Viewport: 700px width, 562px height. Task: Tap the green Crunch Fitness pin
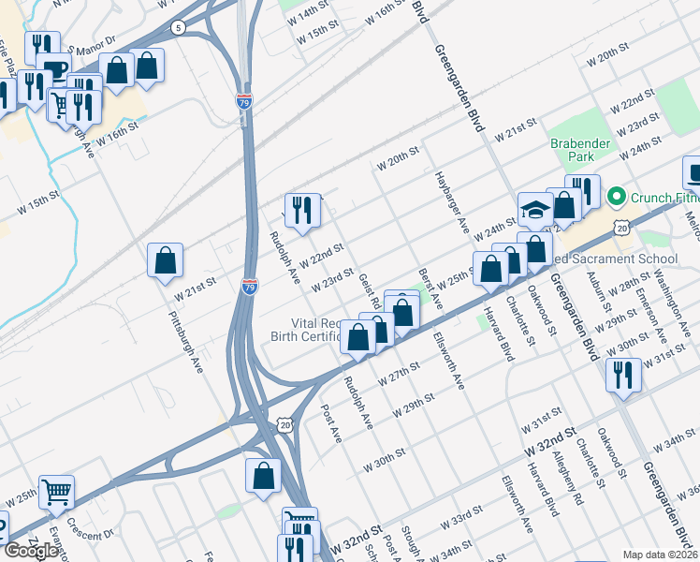click(x=616, y=198)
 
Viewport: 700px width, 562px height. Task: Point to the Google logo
click(x=30, y=551)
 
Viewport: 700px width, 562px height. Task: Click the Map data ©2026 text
click(x=661, y=555)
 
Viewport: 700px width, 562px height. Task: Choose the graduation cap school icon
click(x=536, y=211)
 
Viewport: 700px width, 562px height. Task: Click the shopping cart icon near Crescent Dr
click(x=56, y=490)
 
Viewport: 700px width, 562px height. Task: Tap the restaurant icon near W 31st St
click(x=623, y=374)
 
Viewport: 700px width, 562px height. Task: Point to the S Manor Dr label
click(x=94, y=41)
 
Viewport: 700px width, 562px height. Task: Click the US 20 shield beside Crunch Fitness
click(x=621, y=227)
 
